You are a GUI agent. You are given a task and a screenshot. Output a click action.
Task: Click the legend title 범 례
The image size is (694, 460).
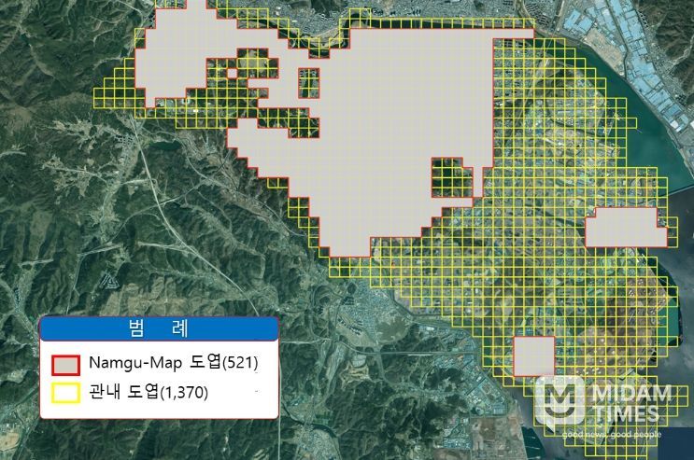tap(158, 328)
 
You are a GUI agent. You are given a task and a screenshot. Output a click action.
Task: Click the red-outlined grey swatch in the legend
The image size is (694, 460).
tap(65, 363)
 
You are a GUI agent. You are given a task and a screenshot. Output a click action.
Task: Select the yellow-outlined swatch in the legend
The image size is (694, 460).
tap(65, 392)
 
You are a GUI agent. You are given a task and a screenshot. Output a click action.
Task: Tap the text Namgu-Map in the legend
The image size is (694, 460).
tap(133, 362)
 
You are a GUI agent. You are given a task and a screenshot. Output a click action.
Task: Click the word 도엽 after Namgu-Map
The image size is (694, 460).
tap(200, 362)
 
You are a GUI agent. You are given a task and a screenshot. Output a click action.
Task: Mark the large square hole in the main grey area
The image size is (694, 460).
tap(449, 177)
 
